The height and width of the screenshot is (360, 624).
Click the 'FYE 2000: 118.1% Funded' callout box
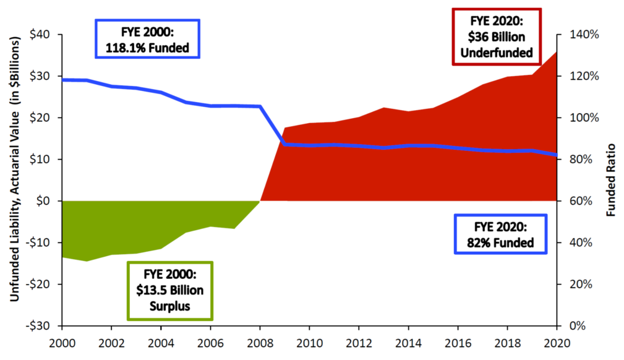tap(147, 38)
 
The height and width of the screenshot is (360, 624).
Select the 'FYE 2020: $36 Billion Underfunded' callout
tap(497, 35)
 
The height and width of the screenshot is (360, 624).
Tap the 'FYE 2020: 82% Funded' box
tap(501, 234)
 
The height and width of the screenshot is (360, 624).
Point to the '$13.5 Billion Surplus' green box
tap(169, 290)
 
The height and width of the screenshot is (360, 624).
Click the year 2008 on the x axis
tap(260, 341)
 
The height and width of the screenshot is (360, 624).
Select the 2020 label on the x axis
tap(556, 341)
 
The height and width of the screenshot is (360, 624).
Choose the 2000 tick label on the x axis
tap(62, 341)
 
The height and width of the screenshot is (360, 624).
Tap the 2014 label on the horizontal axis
tap(408, 341)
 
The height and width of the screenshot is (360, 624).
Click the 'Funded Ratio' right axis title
tap(612, 180)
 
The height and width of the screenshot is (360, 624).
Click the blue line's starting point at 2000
tap(63, 80)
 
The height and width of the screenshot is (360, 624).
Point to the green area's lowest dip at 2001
tap(87, 260)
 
